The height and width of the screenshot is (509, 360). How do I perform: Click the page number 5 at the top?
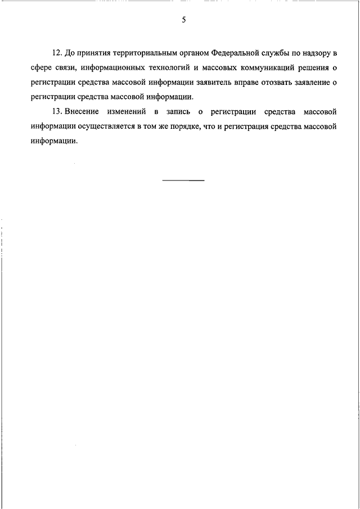coord(183,20)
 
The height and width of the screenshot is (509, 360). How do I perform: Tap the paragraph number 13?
coord(56,111)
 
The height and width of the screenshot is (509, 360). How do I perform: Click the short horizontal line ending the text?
coord(183,180)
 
